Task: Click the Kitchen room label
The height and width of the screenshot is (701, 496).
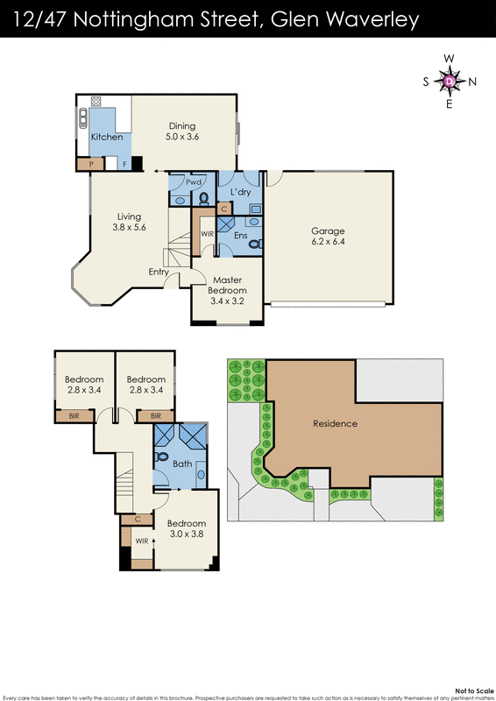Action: (107, 137)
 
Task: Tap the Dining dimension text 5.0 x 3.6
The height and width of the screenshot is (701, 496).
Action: (182, 137)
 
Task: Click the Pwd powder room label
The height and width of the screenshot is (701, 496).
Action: (194, 182)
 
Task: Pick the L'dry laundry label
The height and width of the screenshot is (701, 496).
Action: (241, 191)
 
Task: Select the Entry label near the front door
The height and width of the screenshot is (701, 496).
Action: (159, 272)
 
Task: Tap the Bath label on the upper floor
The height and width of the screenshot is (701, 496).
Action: (182, 464)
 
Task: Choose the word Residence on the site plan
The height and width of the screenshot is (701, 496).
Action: (335, 423)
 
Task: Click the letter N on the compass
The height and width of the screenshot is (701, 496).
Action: (472, 81)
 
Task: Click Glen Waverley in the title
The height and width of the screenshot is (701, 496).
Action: (345, 18)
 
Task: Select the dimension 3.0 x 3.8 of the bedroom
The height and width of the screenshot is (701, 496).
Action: (185, 533)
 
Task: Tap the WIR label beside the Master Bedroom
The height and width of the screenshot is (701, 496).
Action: (207, 234)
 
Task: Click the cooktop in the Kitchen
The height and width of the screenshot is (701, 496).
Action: (96, 101)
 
